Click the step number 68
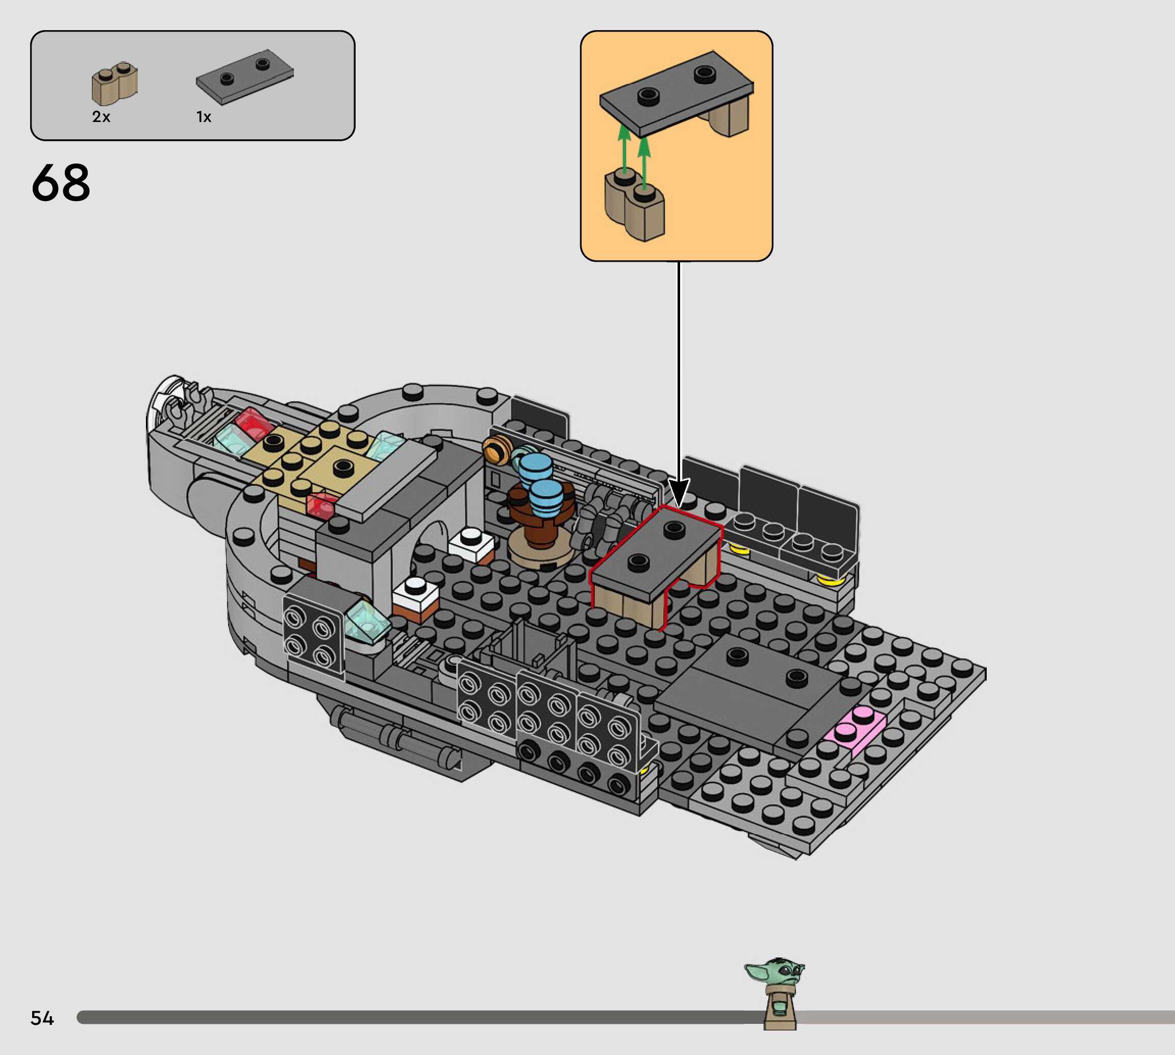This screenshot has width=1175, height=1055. click(x=61, y=183)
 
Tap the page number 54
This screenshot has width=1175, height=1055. click(x=42, y=1018)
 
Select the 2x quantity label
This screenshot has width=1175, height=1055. click(x=101, y=116)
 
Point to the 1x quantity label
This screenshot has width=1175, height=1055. click(x=204, y=117)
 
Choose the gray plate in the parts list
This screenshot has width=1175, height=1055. click(x=244, y=77)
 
